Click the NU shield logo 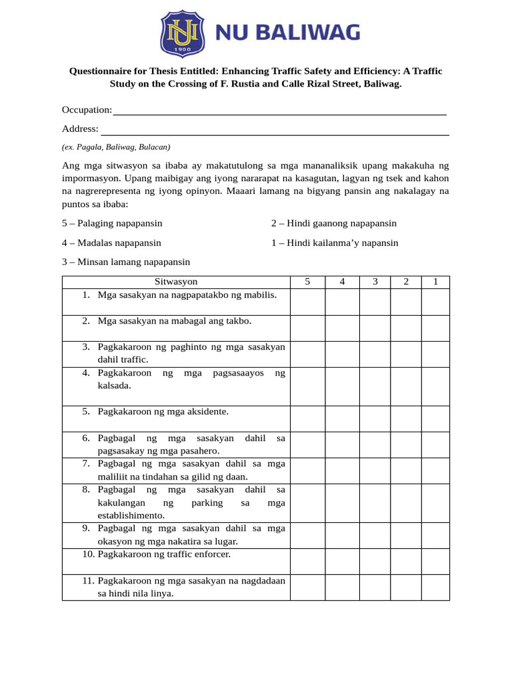click(x=183, y=33)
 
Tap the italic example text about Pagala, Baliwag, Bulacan click(x=116, y=147)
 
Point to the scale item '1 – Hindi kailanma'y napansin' click(x=334, y=243)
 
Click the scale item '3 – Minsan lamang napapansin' click(x=126, y=262)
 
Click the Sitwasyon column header click(x=176, y=282)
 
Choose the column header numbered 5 click(x=307, y=282)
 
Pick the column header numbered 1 click(x=435, y=282)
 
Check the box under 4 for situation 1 click(x=342, y=302)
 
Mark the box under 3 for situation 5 click(x=375, y=419)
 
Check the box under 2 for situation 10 click(x=406, y=561)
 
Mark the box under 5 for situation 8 click(x=307, y=503)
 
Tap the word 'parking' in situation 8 click(x=207, y=503)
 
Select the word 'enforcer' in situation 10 click(x=212, y=554)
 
